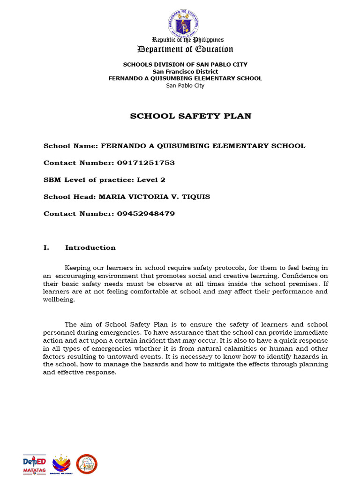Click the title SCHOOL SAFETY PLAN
(x=190, y=116)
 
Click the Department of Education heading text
(x=185, y=49)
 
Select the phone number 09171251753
(x=145, y=163)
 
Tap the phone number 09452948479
(x=145, y=214)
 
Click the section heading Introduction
(x=90, y=247)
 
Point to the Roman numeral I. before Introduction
(x=46, y=247)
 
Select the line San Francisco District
(x=185, y=72)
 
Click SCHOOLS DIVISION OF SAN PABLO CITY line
(x=185, y=64)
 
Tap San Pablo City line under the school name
(x=185, y=85)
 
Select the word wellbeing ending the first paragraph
(x=59, y=300)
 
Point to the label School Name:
(x=70, y=146)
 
